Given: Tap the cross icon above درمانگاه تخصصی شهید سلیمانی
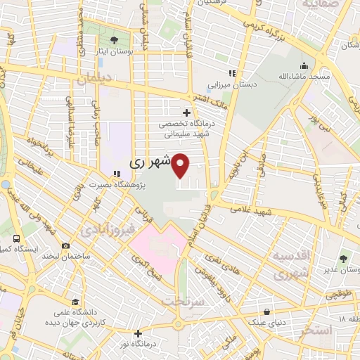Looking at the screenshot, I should click(x=186, y=112).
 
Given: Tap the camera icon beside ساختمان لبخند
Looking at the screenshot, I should click(x=65, y=246).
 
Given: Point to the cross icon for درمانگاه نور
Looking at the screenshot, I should click(x=139, y=333).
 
